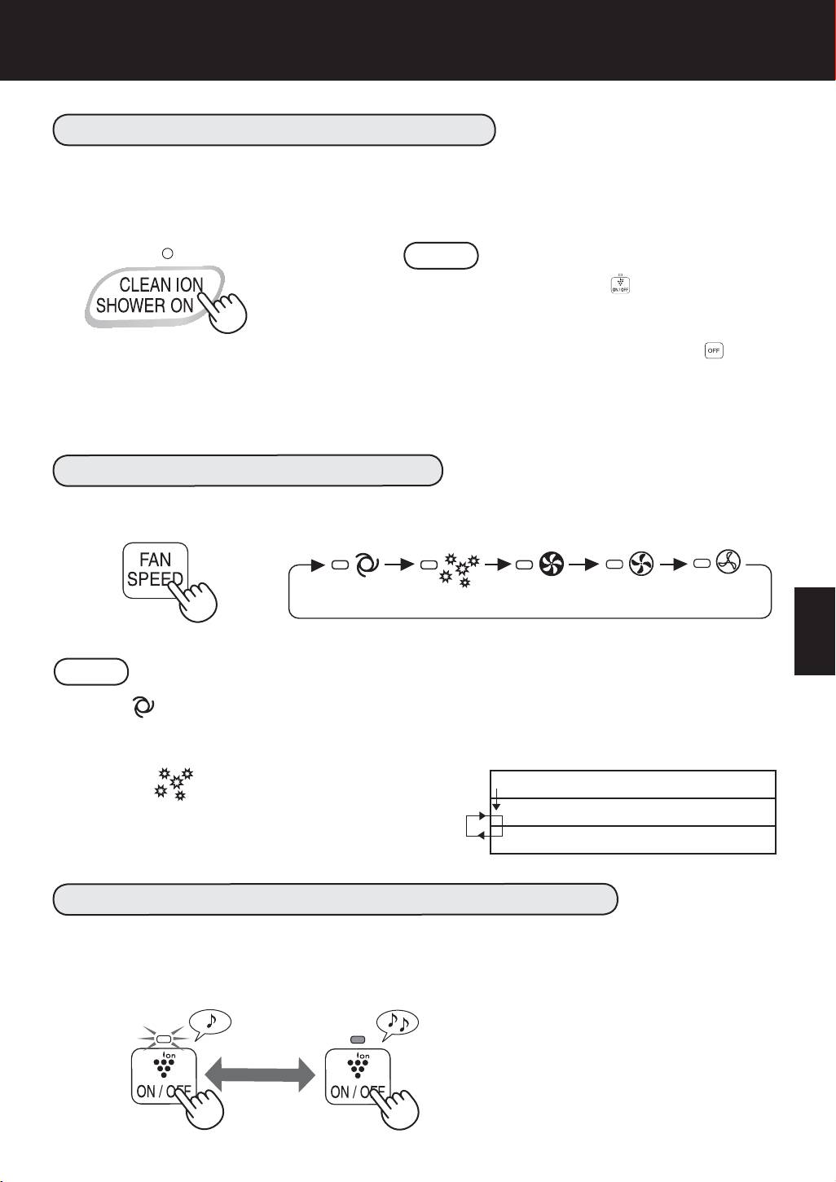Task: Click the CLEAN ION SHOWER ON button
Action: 154,296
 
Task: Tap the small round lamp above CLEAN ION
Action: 167,253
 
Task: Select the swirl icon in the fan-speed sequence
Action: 366,565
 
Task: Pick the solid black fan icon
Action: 552,564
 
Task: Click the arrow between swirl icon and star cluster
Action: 399,565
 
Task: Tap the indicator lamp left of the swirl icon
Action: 340,565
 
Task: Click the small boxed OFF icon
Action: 714,350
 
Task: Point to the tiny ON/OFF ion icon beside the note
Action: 620,283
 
